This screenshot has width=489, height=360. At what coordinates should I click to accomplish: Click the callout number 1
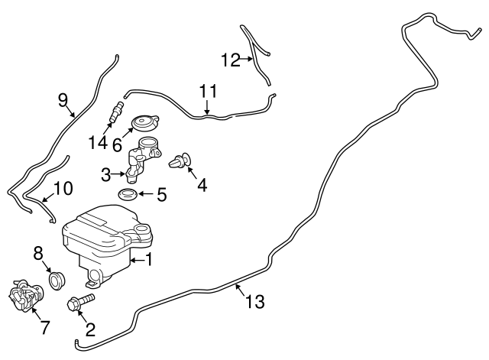(149, 260)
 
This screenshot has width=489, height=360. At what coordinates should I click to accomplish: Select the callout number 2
(90, 329)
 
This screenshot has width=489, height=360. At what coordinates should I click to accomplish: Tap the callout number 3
(107, 175)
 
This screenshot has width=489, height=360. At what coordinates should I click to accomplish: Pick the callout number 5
(161, 195)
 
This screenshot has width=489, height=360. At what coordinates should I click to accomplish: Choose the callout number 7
(44, 328)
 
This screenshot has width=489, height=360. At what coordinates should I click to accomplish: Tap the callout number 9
(63, 99)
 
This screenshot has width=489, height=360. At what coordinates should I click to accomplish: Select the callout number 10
(63, 187)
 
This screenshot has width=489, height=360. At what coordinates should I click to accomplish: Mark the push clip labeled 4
(180, 161)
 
